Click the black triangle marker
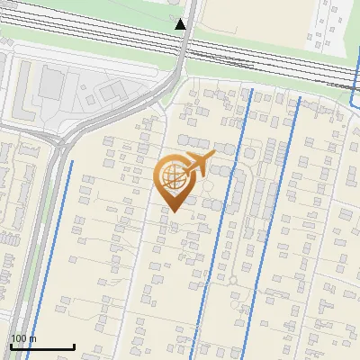180,23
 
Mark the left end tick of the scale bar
11,346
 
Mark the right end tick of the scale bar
74,346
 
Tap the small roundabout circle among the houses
235,280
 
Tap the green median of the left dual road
38,225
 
